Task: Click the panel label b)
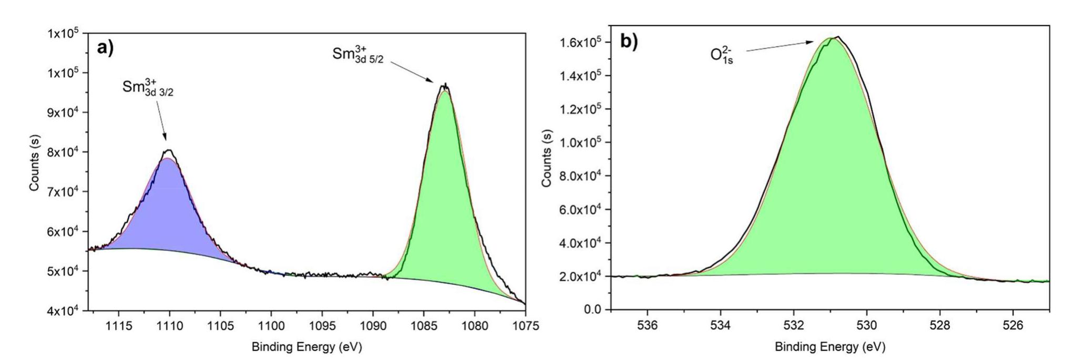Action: coord(629,42)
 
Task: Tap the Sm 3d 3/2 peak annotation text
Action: coord(148,88)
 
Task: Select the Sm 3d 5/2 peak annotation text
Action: coord(358,55)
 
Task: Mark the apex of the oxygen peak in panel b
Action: coord(836,37)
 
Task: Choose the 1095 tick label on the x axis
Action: coord(322,326)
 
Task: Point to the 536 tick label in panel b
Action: coord(648,325)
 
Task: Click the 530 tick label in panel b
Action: coord(867,325)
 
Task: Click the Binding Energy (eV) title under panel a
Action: coord(306,347)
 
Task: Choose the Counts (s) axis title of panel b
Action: coord(547,158)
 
